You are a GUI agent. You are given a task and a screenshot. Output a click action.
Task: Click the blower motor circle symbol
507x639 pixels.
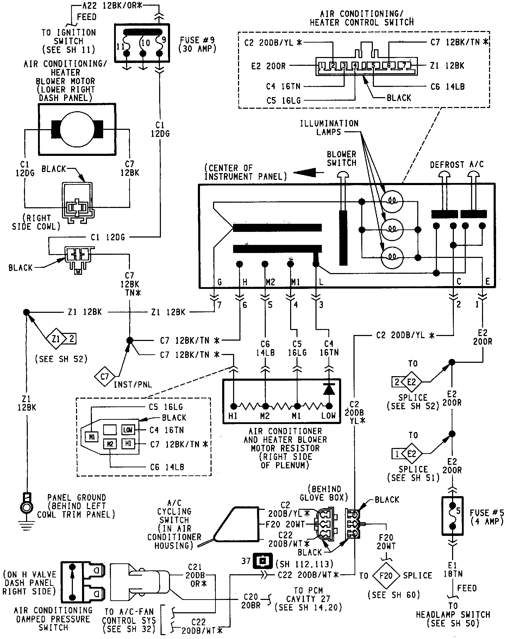pos(77,129)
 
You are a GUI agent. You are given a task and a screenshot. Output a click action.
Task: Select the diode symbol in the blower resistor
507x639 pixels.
pos(329,389)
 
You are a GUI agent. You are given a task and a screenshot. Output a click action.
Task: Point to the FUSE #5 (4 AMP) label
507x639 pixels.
pos(487,517)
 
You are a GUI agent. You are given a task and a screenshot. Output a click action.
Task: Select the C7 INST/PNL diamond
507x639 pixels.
pos(105,377)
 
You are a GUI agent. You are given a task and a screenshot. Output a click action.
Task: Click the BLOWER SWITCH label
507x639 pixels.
pos(342,159)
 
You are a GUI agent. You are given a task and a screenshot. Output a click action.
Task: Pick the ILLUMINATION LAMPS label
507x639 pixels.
pos(329,127)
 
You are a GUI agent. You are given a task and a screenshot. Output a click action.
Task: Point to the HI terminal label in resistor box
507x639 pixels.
pos(233,416)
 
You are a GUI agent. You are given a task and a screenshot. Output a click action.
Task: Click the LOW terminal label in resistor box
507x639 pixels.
pos(328,416)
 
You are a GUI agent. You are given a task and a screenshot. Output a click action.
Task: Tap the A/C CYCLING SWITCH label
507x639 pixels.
pos(174,524)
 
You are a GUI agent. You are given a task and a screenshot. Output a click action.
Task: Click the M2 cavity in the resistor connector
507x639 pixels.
pos(110,444)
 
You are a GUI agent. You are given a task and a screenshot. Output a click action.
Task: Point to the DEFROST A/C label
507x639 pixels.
pos(457,165)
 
